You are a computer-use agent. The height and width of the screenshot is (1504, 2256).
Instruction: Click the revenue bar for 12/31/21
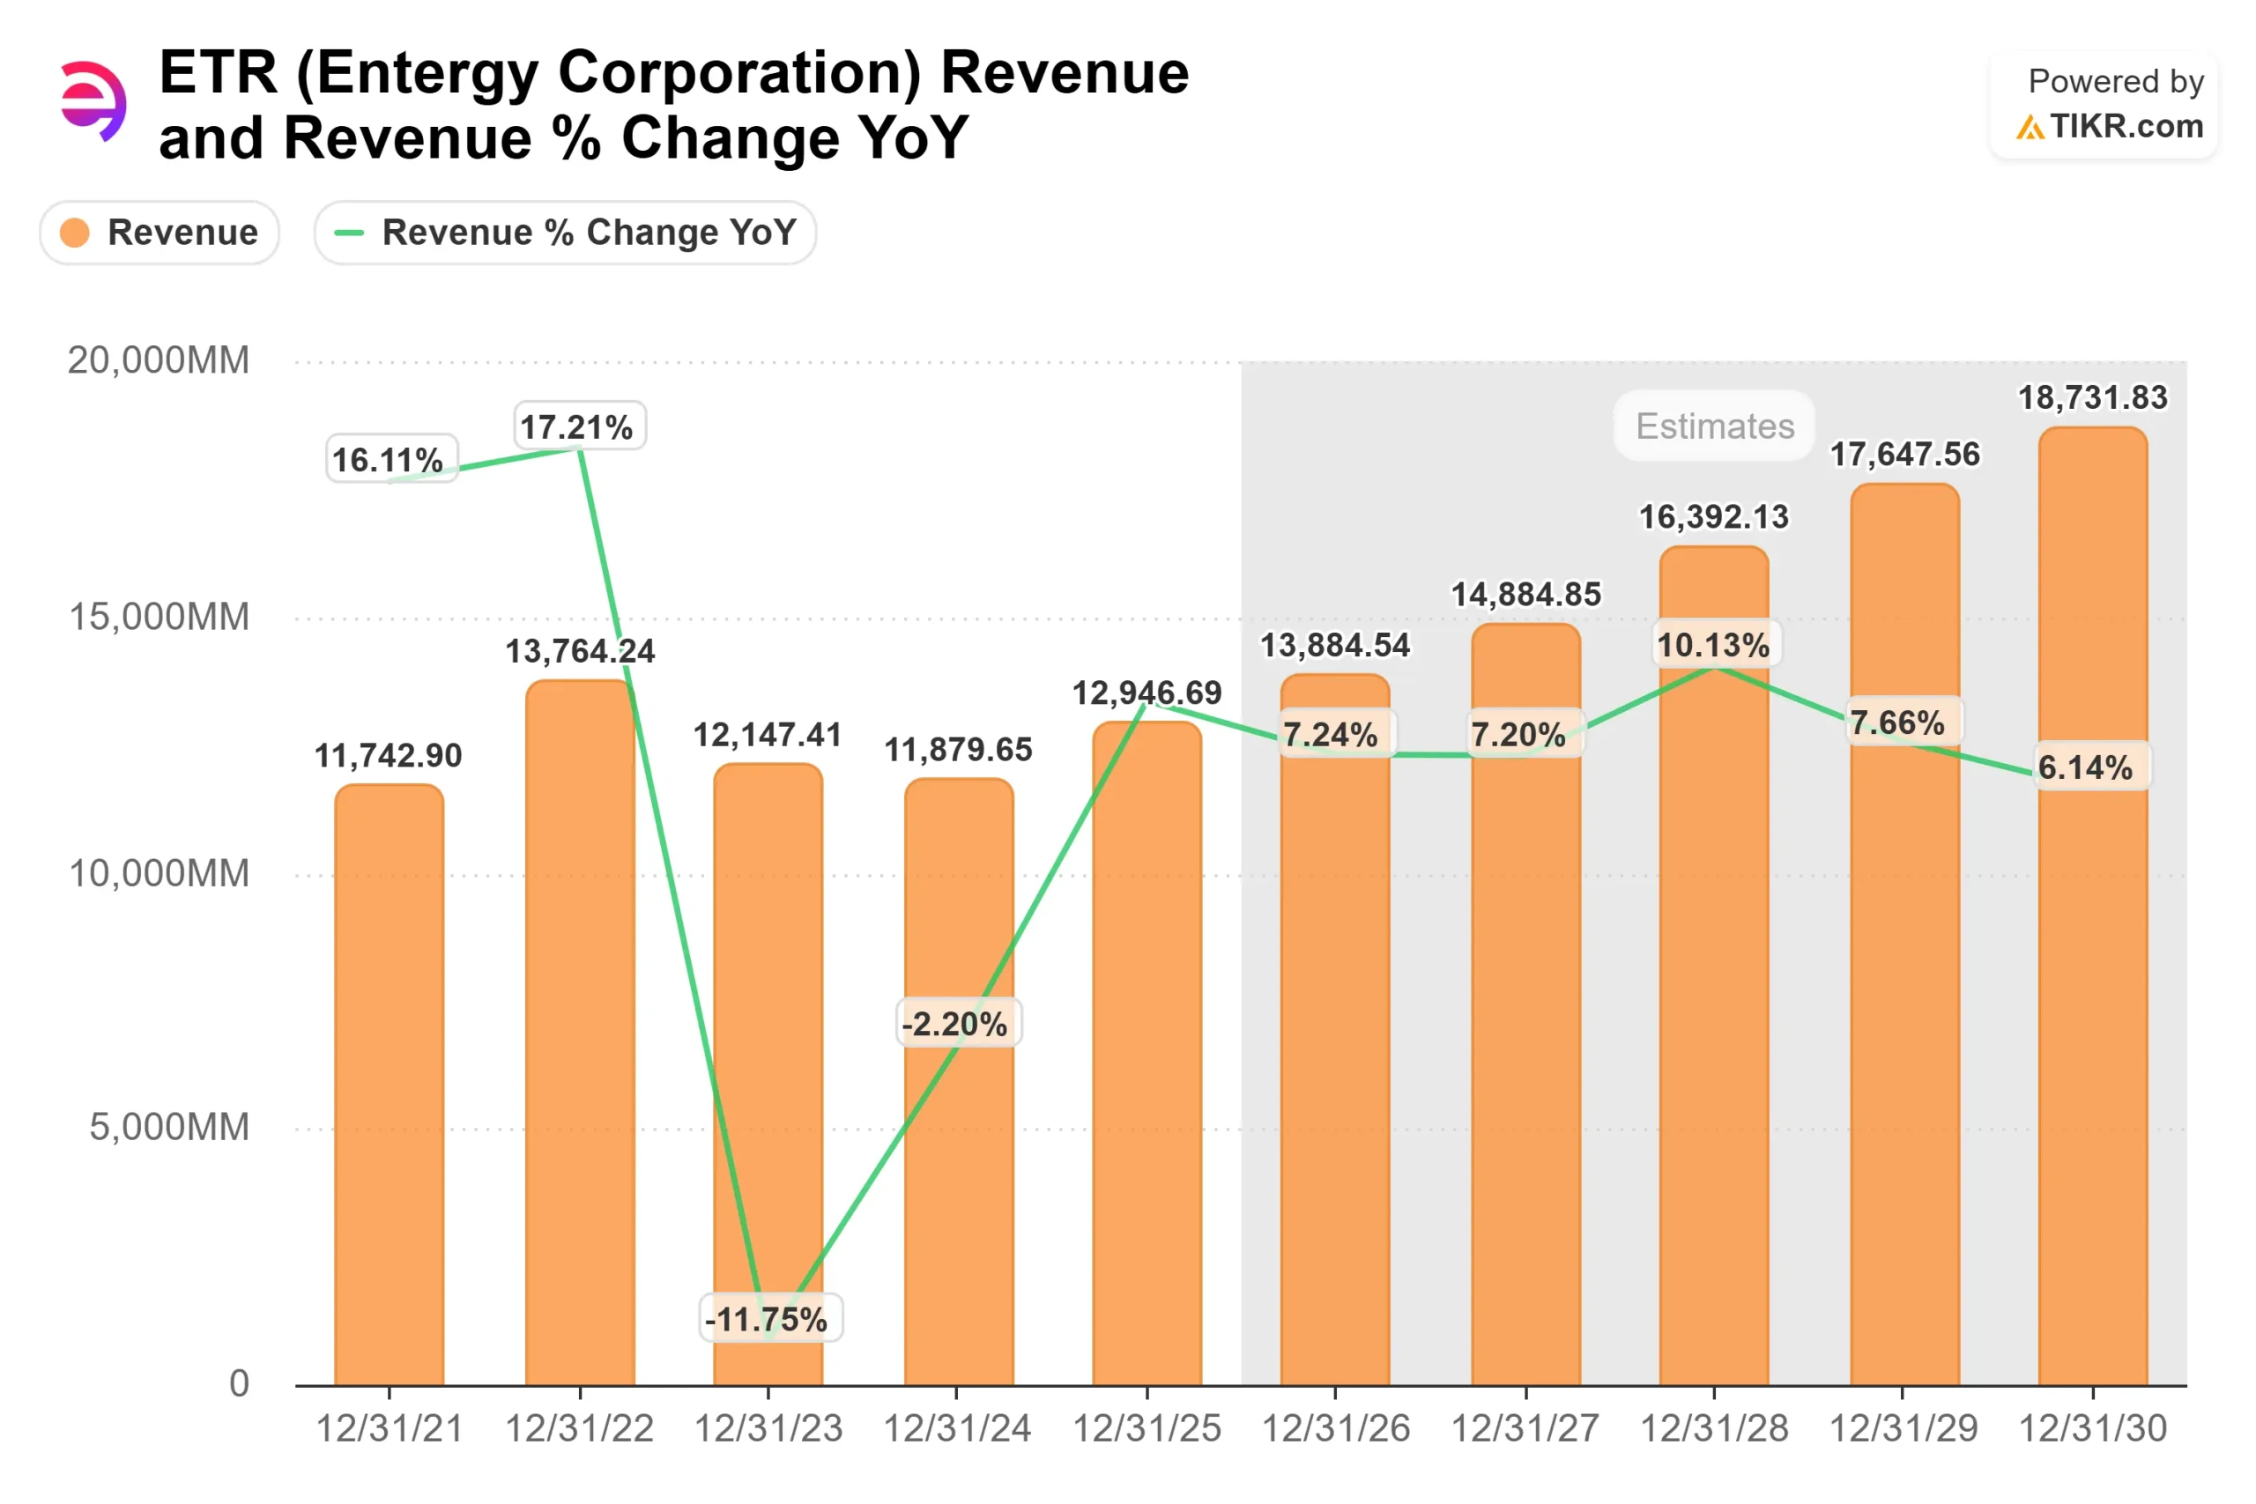coord(389,1084)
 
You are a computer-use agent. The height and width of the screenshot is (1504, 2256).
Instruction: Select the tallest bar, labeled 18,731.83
coord(2092,959)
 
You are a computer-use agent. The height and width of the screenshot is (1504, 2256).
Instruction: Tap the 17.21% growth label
coord(579,426)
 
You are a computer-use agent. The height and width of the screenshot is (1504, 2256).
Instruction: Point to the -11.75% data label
coord(769,1319)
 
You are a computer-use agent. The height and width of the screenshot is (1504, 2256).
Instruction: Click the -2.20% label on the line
coord(957,1024)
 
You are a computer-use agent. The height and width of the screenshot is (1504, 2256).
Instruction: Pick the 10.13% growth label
coord(1716,645)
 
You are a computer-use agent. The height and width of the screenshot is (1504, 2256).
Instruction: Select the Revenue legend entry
coord(160,232)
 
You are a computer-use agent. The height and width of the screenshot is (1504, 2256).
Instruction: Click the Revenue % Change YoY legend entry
coord(565,232)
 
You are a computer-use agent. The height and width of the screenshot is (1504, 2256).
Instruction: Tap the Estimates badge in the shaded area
coord(1714,426)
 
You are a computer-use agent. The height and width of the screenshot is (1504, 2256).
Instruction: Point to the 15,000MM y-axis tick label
coord(159,617)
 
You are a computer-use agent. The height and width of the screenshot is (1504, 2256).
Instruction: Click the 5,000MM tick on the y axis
coord(169,1127)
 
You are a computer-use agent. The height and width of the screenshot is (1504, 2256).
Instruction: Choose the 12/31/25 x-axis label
coord(1147,1429)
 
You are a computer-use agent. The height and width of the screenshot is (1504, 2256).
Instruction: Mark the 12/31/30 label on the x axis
coord(2092,1429)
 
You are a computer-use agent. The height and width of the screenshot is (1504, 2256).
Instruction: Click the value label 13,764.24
coord(579,651)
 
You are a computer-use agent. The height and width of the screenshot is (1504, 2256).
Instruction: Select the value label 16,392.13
coord(1714,517)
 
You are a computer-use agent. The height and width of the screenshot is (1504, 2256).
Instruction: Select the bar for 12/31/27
coord(1525,1056)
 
